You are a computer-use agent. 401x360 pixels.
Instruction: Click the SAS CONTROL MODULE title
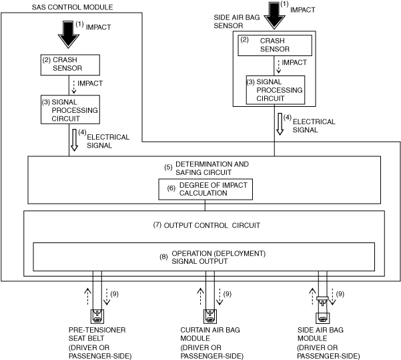[x=72, y=7]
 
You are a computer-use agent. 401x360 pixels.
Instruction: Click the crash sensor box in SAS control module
[x=70, y=64]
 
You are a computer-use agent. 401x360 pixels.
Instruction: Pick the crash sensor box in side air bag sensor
[x=276, y=45]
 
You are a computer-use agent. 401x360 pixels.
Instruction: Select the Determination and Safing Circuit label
[x=205, y=168]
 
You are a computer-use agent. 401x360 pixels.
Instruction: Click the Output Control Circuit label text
[x=207, y=225]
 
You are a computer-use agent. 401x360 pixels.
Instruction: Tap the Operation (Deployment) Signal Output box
[x=204, y=257]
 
